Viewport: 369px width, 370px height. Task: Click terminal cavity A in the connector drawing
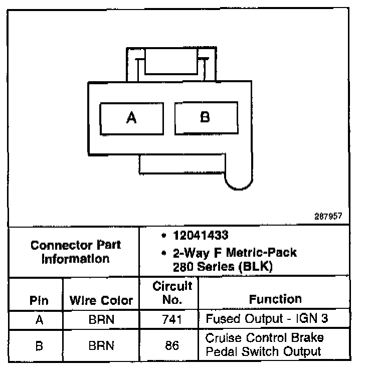(131, 118)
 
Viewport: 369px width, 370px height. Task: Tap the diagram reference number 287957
(328, 217)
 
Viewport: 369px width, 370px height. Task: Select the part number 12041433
(200, 236)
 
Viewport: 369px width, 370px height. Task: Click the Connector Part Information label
(75, 252)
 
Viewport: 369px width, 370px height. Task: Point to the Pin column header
(39, 301)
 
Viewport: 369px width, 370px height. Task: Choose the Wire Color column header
(101, 301)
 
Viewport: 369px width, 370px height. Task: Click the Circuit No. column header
(172, 293)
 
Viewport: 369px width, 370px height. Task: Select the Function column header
(275, 299)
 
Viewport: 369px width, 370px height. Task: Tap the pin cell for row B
(39, 345)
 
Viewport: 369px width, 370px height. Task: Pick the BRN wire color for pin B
(101, 345)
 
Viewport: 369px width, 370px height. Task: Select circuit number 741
(172, 319)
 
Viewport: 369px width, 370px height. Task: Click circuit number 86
(172, 345)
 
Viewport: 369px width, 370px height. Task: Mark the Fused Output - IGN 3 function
(270, 319)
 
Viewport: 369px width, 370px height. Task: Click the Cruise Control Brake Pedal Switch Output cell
(265, 344)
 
